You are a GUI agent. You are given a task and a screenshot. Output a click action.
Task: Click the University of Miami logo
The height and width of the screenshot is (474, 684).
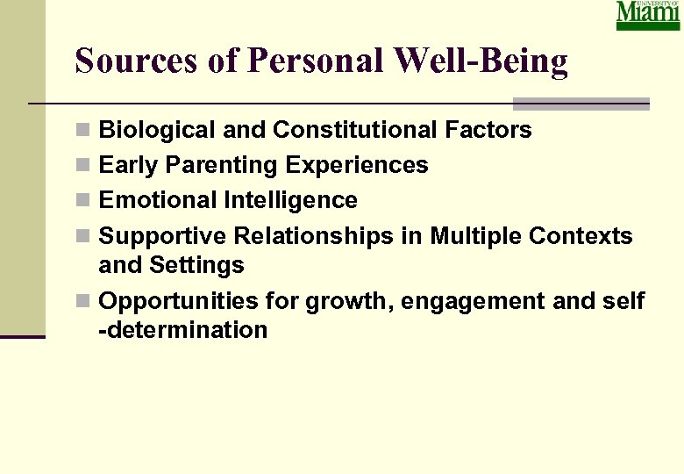pyautogui.click(x=647, y=16)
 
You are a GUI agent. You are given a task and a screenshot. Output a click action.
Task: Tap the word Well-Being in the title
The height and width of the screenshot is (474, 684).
pyautogui.click(x=481, y=61)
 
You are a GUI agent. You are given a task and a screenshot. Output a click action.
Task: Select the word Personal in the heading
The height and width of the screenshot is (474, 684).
pyautogui.click(x=317, y=61)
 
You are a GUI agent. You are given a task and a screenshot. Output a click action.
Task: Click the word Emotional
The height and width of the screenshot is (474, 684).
pyautogui.click(x=159, y=200)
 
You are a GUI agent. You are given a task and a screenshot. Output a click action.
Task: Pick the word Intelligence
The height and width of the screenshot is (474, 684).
pyautogui.click(x=291, y=200)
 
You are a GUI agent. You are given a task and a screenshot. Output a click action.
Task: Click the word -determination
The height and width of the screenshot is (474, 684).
pyautogui.click(x=183, y=330)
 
